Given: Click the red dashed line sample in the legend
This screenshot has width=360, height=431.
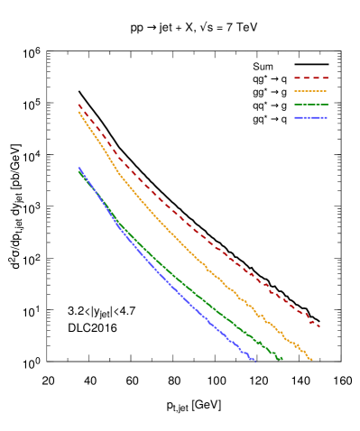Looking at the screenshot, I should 310,78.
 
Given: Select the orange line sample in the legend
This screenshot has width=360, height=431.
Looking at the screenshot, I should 310,91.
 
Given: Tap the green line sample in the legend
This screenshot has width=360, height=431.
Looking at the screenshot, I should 310,105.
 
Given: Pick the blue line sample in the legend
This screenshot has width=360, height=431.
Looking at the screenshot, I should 310,118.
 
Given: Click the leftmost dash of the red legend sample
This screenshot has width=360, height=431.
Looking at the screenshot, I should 297,78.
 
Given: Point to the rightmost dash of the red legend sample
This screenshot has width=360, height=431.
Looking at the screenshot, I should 324,78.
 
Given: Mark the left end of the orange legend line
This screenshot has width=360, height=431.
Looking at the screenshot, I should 295,91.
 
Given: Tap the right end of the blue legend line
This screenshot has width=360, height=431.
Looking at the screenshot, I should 327,118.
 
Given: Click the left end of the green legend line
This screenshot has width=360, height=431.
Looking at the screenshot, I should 295,105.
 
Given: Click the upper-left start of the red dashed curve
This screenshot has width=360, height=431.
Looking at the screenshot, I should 79,105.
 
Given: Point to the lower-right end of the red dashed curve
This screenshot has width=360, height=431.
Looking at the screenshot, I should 319,326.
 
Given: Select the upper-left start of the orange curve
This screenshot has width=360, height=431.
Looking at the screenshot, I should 78,112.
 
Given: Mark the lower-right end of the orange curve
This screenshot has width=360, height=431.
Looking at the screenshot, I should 311,360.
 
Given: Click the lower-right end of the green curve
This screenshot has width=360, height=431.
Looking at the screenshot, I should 282,359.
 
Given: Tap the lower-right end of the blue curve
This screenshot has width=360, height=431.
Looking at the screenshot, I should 255,362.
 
